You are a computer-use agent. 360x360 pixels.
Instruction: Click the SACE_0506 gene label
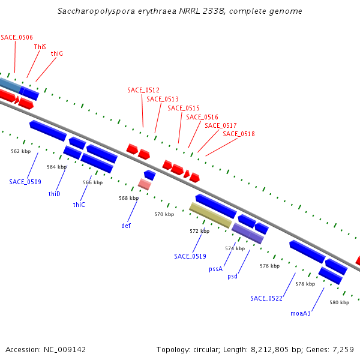(17, 37)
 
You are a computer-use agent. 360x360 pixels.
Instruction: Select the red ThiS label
(40, 46)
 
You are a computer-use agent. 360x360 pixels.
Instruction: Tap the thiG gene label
(57, 53)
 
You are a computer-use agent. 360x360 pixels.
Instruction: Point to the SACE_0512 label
(143, 90)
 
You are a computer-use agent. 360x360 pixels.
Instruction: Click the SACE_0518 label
(239, 134)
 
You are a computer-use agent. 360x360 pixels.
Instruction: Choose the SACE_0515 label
(184, 108)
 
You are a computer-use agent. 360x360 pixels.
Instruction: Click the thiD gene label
(55, 194)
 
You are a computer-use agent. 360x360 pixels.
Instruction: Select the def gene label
(126, 226)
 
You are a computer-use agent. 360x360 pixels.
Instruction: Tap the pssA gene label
(216, 269)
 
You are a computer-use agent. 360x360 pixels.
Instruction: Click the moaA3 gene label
(301, 313)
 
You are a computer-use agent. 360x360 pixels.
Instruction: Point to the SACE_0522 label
(266, 298)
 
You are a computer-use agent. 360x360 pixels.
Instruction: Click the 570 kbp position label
(164, 214)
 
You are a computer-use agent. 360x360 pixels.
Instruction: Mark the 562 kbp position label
(20, 152)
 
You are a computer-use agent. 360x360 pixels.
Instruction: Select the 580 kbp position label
(339, 303)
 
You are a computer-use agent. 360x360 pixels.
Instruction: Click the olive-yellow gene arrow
(211, 215)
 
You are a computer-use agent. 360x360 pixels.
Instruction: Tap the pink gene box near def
(144, 184)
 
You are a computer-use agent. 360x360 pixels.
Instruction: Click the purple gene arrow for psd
(248, 233)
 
